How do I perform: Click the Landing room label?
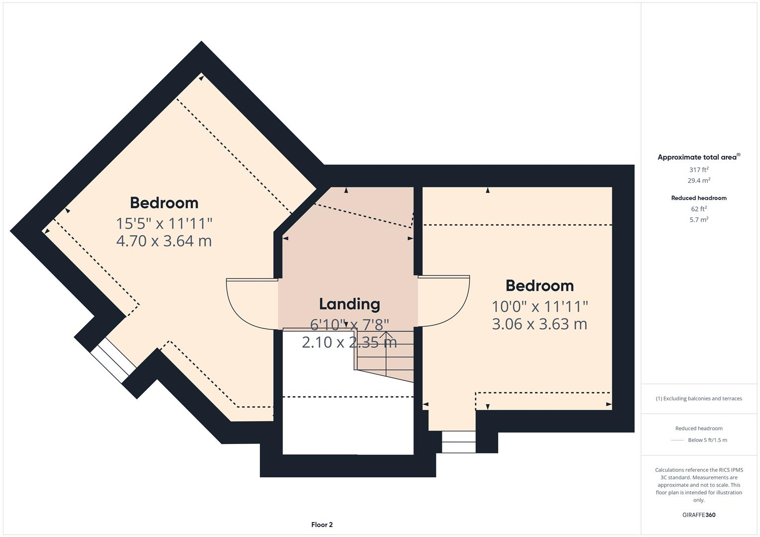(x=349, y=304)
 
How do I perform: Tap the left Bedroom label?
(x=164, y=203)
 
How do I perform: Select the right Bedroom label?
(x=540, y=286)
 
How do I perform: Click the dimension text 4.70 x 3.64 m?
(x=164, y=241)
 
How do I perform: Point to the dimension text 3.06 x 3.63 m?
(x=540, y=324)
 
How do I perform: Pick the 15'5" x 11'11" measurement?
(x=164, y=224)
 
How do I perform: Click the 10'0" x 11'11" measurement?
(x=540, y=306)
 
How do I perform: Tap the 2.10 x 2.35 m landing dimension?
(x=349, y=343)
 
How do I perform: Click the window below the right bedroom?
(x=458, y=442)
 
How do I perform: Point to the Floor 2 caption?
(x=322, y=525)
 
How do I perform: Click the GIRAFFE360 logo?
(x=698, y=515)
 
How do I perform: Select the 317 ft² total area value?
(x=698, y=170)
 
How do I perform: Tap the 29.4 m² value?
(x=698, y=181)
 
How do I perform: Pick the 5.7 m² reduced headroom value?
(x=698, y=220)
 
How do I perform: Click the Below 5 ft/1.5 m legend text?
(x=707, y=440)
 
